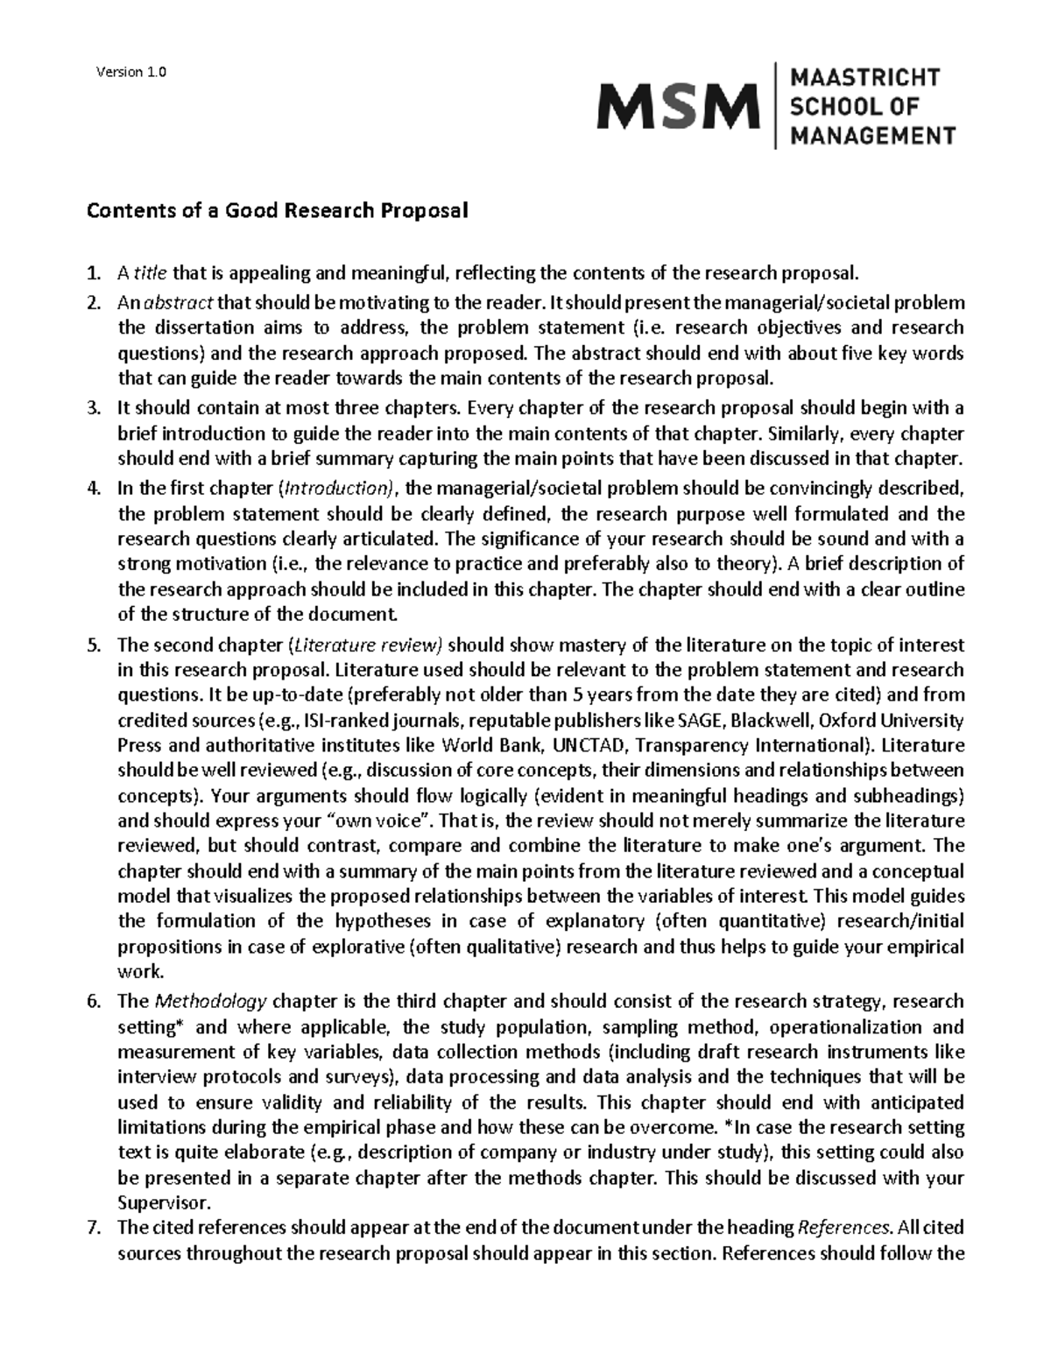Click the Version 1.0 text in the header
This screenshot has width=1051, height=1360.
(130, 72)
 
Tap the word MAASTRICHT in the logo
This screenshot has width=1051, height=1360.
(865, 78)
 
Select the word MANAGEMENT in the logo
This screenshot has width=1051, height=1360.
(873, 136)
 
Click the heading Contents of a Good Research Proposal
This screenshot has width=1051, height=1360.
(276, 210)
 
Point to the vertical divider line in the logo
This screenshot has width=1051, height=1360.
(776, 106)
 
